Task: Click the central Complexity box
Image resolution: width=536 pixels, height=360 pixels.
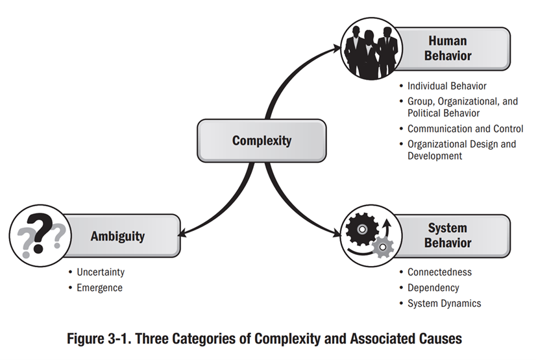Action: point(262,141)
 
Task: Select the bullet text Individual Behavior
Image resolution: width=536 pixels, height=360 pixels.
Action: point(446,86)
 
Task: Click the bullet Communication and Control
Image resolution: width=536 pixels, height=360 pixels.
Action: point(465,128)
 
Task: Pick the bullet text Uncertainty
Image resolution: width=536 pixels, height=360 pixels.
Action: point(100,272)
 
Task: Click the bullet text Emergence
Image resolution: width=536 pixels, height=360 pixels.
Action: point(99,287)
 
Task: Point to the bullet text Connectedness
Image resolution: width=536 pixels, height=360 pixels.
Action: point(439,272)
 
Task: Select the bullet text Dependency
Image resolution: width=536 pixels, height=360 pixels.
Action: point(433,287)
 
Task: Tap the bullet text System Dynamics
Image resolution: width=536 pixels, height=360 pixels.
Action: point(444,303)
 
